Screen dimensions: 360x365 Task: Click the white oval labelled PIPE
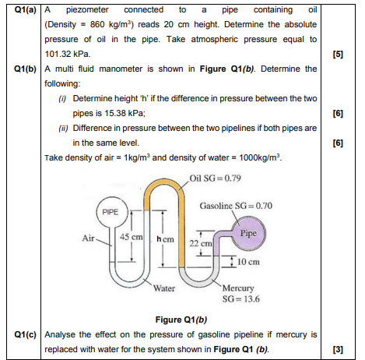point(113,210)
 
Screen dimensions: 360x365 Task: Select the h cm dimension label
point(164,238)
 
